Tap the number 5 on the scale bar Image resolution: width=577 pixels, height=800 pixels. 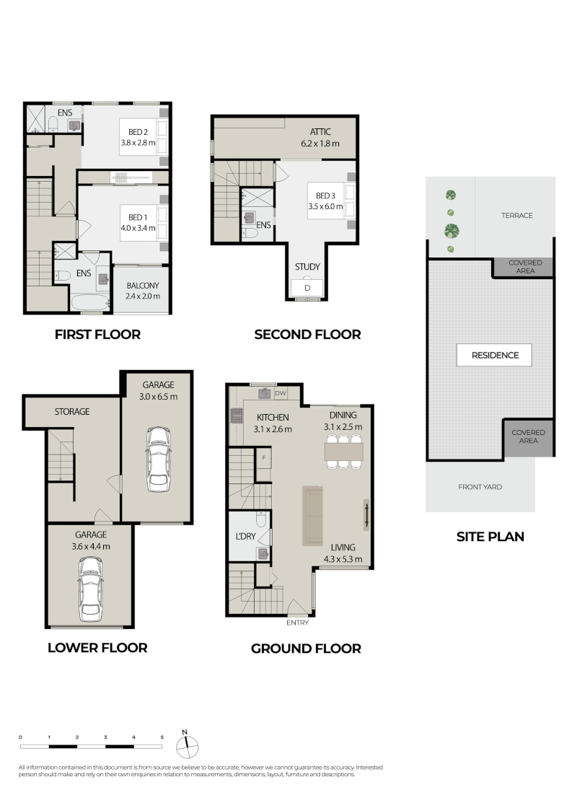click(x=162, y=737)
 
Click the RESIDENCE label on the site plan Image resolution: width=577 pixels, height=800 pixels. click(x=494, y=355)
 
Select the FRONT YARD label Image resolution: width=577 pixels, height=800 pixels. click(x=480, y=487)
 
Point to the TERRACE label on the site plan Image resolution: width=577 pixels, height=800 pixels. click(x=516, y=215)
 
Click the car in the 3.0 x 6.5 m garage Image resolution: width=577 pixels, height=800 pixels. click(x=158, y=460)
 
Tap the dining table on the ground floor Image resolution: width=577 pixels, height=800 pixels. click(x=343, y=451)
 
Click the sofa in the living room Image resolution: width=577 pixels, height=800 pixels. click(x=313, y=516)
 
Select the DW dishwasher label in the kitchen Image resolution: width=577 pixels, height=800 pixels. click(x=280, y=393)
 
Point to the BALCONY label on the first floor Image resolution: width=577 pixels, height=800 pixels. click(x=143, y=286)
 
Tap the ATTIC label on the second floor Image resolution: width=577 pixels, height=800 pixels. click(x=320, y=131)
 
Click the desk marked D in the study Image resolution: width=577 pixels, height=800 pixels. click(x=307, y=287)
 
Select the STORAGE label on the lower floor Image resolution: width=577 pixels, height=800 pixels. click(x=72, y=411)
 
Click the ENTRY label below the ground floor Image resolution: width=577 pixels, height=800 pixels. click(x=297, y=623)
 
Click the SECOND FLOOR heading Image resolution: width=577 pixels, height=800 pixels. click(x=308, y=334)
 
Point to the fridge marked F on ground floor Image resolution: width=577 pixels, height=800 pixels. click(x=264, y=457)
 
